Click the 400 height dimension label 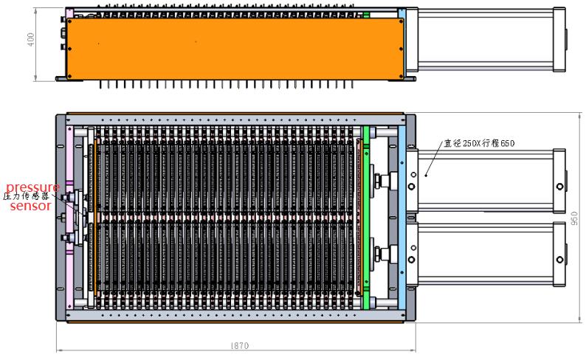30,41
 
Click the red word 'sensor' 30,207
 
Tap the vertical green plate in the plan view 365,218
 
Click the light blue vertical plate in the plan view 401,218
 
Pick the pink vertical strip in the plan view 71,218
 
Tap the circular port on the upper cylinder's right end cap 560,186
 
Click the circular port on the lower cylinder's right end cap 560,260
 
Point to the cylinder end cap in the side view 560,41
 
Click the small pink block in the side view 69,13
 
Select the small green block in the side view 365,13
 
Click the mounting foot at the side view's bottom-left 61,78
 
